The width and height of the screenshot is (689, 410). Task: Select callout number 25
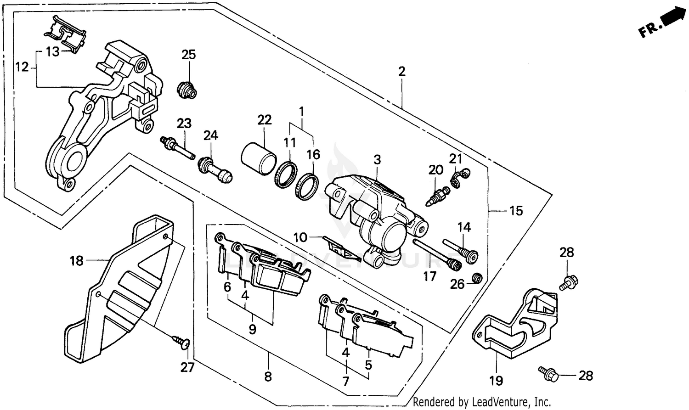188,55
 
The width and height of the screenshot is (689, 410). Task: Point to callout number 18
76,261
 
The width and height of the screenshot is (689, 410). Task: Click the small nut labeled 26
478,278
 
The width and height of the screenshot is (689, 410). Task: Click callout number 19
496,380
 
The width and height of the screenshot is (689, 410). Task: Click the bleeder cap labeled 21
459,178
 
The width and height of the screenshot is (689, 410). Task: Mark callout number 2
401,72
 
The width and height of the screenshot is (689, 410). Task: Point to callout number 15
516,211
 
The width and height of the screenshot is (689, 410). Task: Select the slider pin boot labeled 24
215,170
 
